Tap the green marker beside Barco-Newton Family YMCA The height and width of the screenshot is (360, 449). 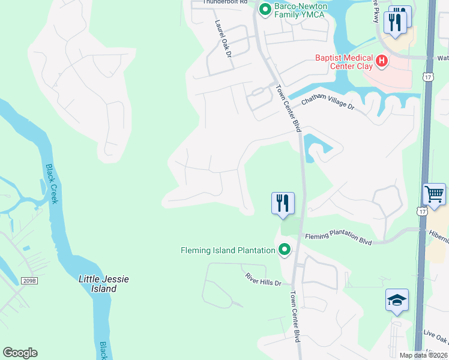point(265,10)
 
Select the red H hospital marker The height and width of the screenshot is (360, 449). point(381,60)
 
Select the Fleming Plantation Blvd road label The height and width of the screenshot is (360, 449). point(338,238)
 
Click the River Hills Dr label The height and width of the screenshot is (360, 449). point(263,279)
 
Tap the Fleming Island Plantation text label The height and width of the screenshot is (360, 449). point(228,250)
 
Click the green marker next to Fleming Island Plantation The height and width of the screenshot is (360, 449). point(284,250)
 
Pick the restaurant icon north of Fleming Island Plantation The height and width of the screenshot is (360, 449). point(283,203)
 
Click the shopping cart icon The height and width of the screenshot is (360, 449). point(434,194)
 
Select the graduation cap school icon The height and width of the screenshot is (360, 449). point(397,299)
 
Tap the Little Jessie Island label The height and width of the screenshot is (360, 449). point(104,284)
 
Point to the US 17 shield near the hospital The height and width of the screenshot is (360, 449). point(427,77)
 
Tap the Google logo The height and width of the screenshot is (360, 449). point(20,353)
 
